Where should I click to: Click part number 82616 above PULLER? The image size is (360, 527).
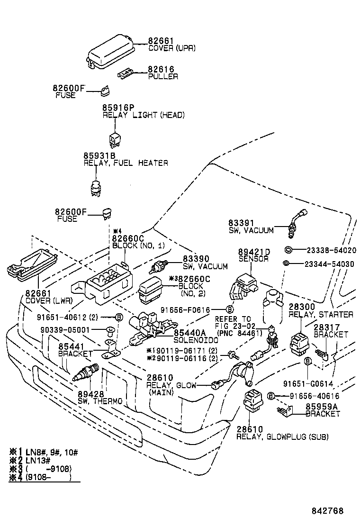click(x=161, y=69)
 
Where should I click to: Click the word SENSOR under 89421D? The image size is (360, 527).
click(x=253, y=259)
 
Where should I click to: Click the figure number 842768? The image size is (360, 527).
click(x=327, y=511)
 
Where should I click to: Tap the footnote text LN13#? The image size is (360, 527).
click(x=35, y=460)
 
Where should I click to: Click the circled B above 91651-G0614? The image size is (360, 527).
click(x=307, y=362)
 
